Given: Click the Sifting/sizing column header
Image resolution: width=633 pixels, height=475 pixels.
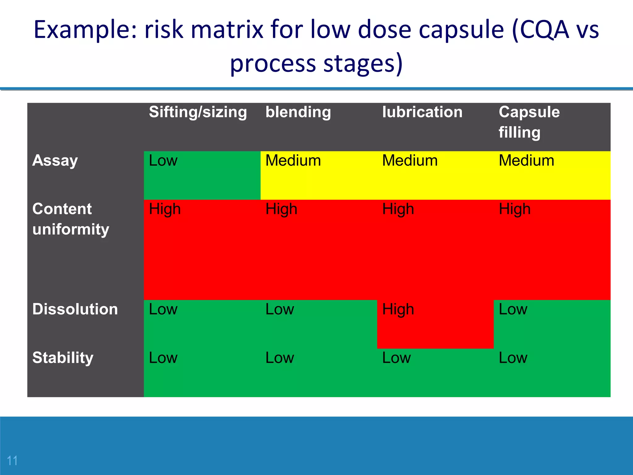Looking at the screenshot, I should [x=198, y=112].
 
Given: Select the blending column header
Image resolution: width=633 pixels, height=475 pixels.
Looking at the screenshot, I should [x=298, y=112].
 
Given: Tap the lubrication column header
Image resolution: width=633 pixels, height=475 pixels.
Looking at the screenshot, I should [x=422, y=112].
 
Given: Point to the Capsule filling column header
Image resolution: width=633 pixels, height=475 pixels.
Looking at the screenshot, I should [x=529, y=122].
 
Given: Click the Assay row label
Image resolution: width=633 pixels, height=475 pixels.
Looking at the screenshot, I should [x=55, y=161].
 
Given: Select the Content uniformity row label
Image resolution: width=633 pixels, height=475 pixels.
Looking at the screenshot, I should [x=71, y=219].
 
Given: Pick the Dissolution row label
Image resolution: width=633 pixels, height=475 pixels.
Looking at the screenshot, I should [x=75, y=309].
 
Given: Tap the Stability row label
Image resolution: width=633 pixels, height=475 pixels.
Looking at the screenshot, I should [x=63, y=358].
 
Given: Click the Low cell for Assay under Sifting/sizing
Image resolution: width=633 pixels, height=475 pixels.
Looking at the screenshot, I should [x=163, y=161].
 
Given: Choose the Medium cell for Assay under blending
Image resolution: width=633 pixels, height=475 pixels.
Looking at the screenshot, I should [x=293, y=161].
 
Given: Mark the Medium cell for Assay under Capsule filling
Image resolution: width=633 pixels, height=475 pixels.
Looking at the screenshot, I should [x=526, y=161].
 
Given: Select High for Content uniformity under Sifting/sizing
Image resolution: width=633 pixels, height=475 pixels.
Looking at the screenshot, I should [x=165, y=209].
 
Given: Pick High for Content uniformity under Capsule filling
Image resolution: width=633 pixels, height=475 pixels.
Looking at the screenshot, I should [x=515, y=209].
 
